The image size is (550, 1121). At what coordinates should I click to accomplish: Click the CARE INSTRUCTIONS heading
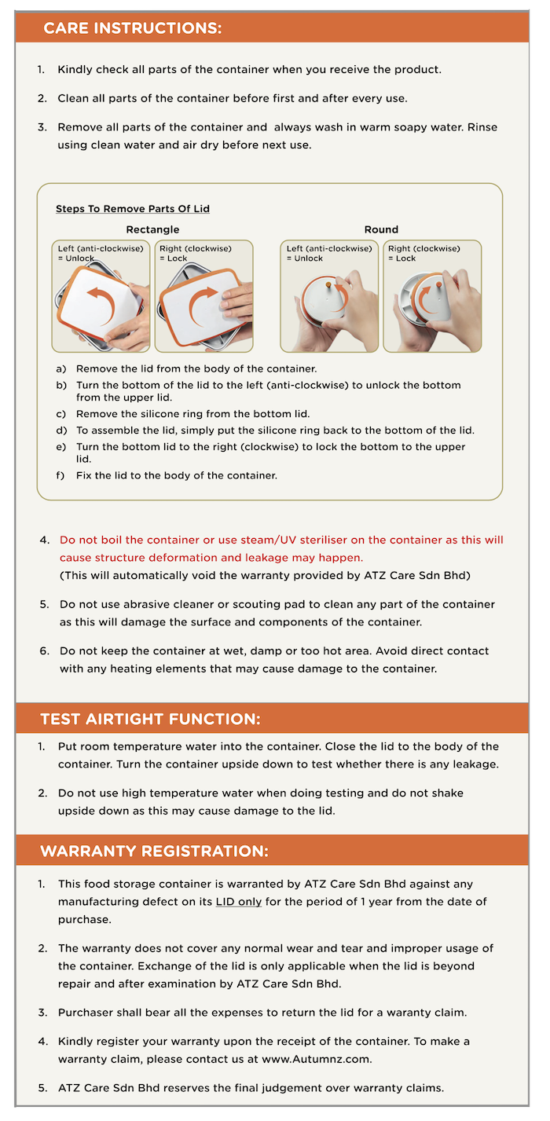(x=132, y=28)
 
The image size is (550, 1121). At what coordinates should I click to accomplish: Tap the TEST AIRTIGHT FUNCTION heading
(x=150, y=719)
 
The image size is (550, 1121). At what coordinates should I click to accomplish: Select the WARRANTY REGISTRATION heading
(x=154, y=851)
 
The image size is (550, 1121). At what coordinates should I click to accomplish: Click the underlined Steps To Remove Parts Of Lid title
(x=132, y=209)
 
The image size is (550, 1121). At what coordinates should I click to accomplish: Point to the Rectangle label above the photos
(x=152, y=229)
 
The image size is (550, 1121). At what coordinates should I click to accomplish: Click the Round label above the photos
(x=381, y=229)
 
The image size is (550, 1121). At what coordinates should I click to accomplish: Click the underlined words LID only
(x=239, y=902)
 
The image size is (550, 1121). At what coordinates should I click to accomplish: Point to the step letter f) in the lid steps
(x=60, y=475)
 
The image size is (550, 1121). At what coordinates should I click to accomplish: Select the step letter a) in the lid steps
(x=60, y=368)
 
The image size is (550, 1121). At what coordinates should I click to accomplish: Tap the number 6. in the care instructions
(x=45, y=650)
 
